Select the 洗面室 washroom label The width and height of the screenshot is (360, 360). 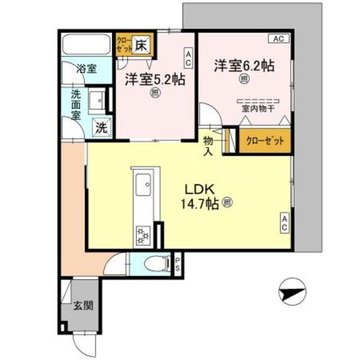[x=76, y=104]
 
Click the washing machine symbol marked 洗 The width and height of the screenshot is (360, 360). [x=101, y=127]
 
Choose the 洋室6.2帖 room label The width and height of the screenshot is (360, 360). [x=244, y=65]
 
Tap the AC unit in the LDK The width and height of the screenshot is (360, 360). [x=285, y=223]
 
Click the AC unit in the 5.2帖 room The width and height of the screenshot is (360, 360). [x=188, y=57]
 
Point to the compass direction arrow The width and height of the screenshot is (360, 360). [x=292, y=292]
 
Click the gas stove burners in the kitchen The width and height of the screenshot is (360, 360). [x=141, y=234]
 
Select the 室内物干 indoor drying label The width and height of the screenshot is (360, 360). [x=258, y=109]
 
